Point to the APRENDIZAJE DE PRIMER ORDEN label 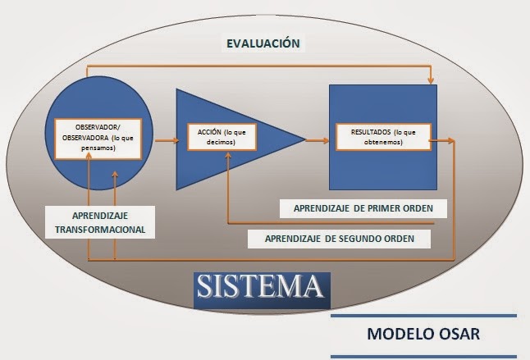click(x=363, y=208)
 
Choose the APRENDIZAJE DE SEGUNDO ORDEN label click(x=348, y=239)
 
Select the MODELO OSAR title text click(x=423, y=335)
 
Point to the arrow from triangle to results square click(x=316, y=140)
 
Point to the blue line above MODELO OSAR click(x=423, y=315)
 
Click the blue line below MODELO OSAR click(x=423, y=356)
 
